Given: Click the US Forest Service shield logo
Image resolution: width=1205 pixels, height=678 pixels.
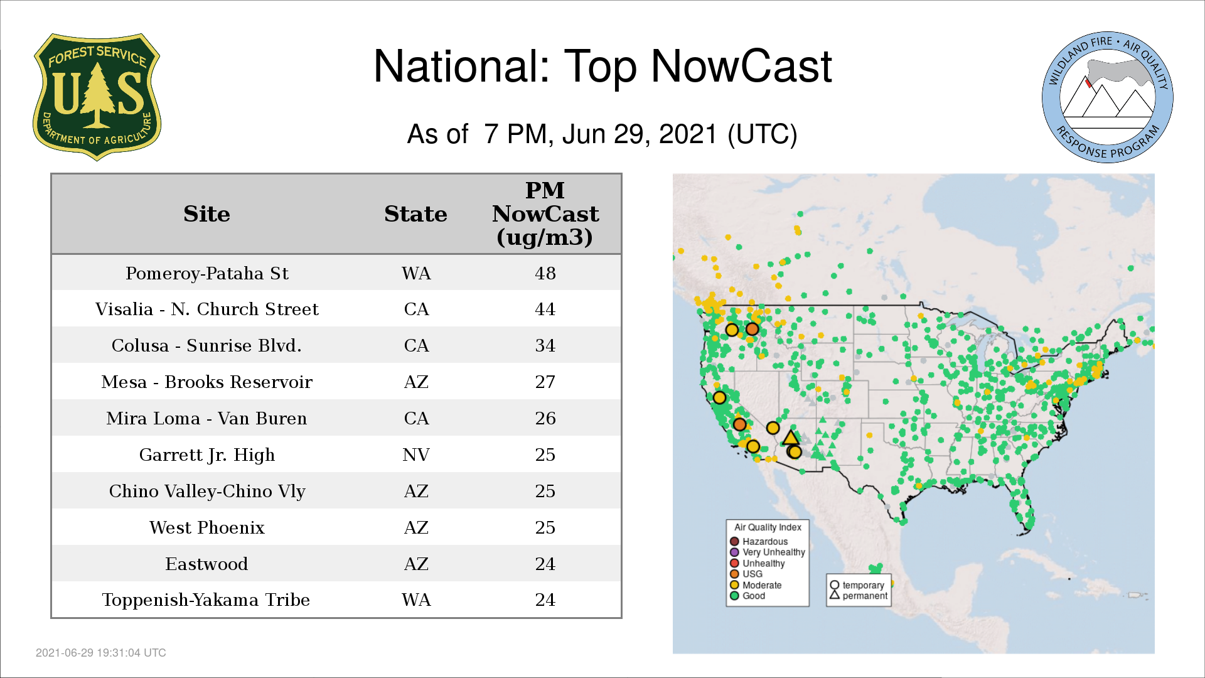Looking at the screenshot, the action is tap(97, 97).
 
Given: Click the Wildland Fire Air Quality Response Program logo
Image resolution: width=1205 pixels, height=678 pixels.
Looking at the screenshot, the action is tap(1108, 97).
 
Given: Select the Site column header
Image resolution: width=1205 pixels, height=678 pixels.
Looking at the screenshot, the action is tap(206, 214).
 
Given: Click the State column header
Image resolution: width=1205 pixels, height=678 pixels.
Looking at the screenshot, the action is tap(415, 214).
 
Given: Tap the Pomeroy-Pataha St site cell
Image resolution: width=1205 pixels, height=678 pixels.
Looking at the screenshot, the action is tap(207, 274).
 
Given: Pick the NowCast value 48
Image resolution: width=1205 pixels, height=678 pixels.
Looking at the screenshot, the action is tap(545, 273).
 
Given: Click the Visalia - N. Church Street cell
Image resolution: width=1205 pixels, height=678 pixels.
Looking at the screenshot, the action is tap(207, 309).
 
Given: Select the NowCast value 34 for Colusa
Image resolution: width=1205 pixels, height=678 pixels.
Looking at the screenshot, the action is tap(545, 345).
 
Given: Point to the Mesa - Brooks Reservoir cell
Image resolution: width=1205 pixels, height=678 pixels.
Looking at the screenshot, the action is tap(207, 382).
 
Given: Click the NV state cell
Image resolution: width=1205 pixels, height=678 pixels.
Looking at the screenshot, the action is tap(416, 455).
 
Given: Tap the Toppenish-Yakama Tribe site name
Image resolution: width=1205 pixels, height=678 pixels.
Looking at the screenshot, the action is tap(206, 600).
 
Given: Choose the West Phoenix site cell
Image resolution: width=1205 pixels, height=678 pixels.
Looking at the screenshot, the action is tap(207, 527).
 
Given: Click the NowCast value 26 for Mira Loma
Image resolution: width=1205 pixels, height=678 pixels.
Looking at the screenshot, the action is tap(545, 418).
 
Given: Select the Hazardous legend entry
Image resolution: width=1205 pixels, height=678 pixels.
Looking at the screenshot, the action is tap(759, 541).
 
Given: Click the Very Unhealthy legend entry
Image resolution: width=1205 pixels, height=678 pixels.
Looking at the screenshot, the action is tap(767, 552).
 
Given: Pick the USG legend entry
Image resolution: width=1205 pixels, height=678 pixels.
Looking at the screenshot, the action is tap(746, 574).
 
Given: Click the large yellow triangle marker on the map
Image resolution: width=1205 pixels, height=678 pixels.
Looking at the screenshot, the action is tap(791, 438).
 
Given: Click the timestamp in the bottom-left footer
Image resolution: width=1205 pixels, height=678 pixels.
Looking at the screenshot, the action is tap(101, 653).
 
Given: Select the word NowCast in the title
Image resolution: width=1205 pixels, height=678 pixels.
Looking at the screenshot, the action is tap(741, 67).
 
